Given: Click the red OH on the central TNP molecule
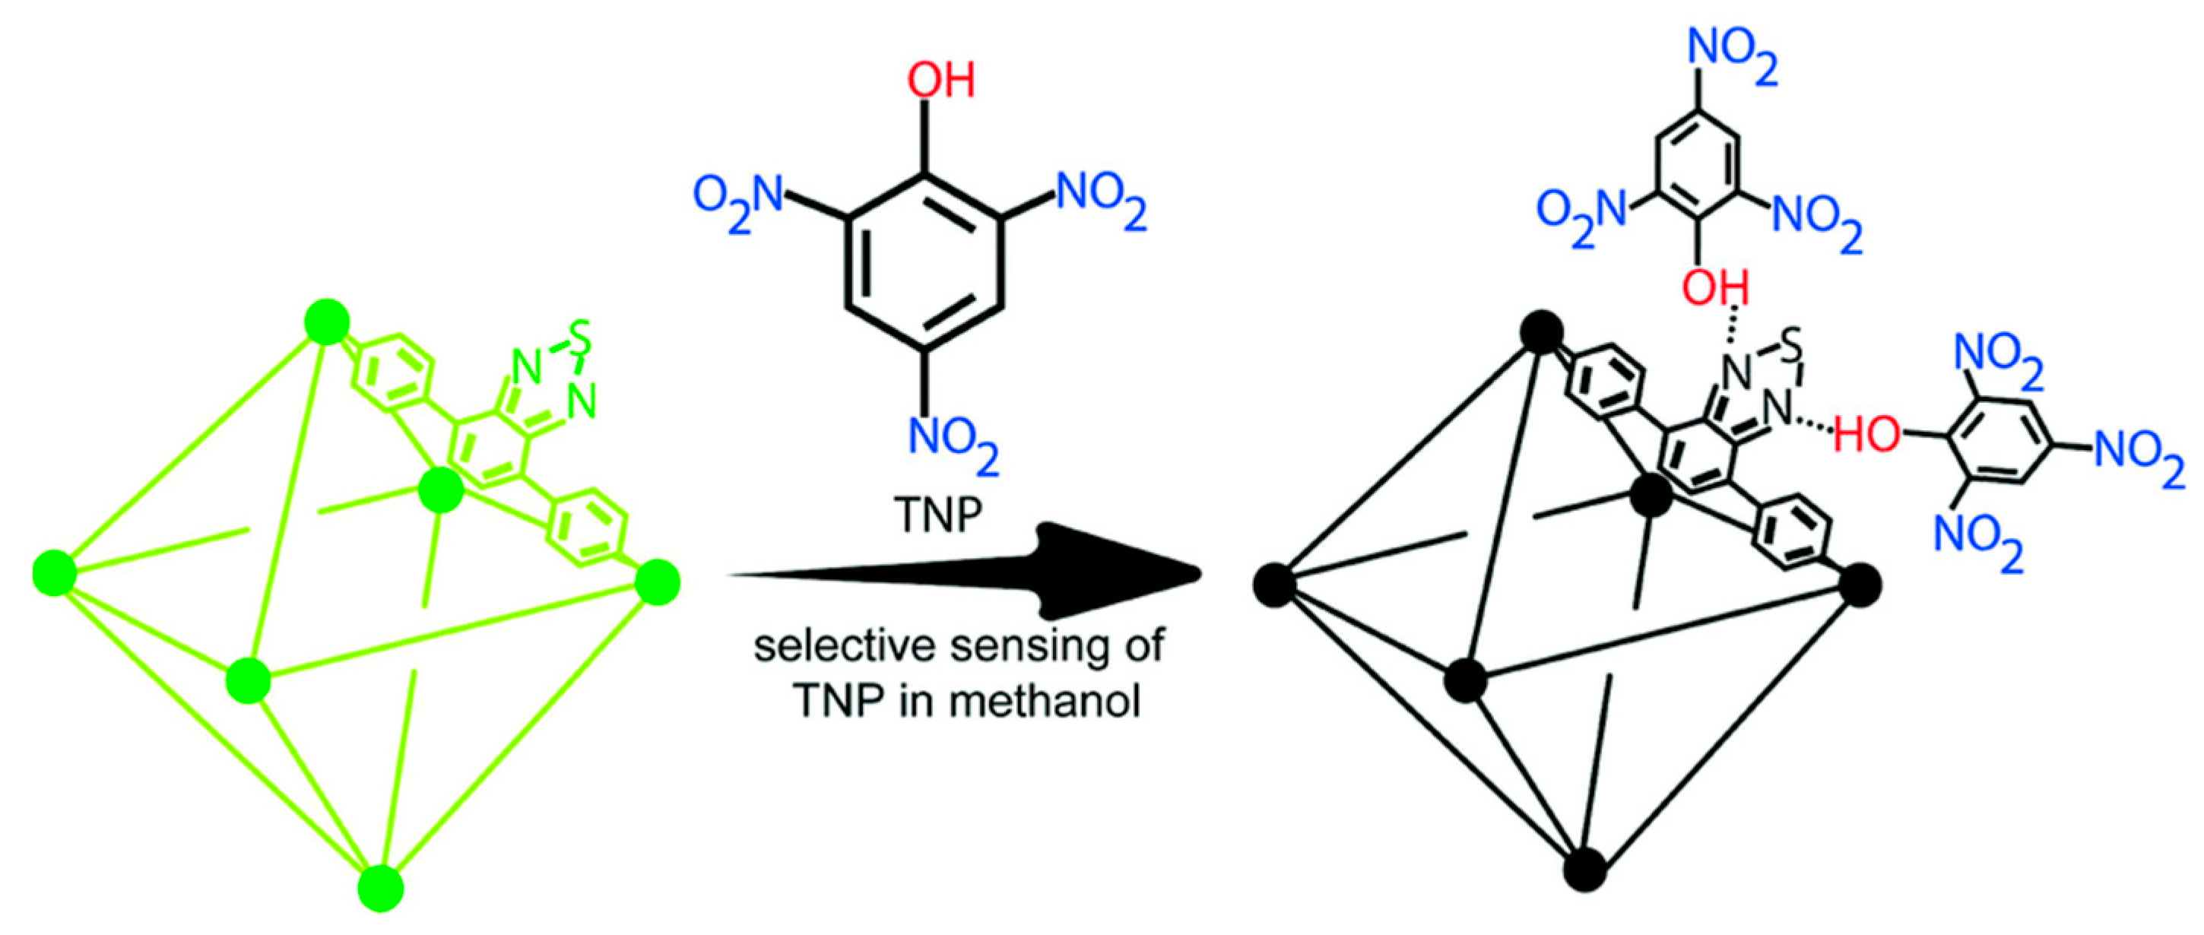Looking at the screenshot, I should click(940, 81).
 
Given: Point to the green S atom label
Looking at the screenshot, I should click(581, 339).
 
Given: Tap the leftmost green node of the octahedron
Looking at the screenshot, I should click(55, 573).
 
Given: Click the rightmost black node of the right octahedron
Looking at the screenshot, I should click(1859, 585).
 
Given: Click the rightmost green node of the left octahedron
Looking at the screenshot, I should click(658, 582).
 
